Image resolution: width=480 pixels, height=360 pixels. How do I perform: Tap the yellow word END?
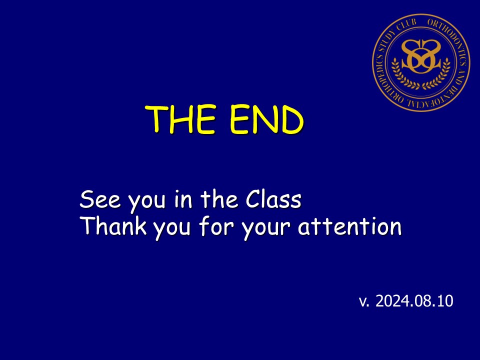266,119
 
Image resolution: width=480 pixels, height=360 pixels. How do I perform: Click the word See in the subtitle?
100,199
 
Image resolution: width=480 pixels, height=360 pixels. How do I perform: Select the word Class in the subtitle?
273,199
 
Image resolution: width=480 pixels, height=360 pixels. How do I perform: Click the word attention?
349,226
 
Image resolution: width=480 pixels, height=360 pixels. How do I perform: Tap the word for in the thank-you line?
216,226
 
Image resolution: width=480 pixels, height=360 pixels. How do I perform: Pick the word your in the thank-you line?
265,228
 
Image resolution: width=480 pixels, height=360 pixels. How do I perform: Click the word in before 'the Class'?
183,199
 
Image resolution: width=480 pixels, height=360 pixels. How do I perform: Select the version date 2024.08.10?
414,301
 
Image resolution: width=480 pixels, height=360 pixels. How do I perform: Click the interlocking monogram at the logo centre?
421,56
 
